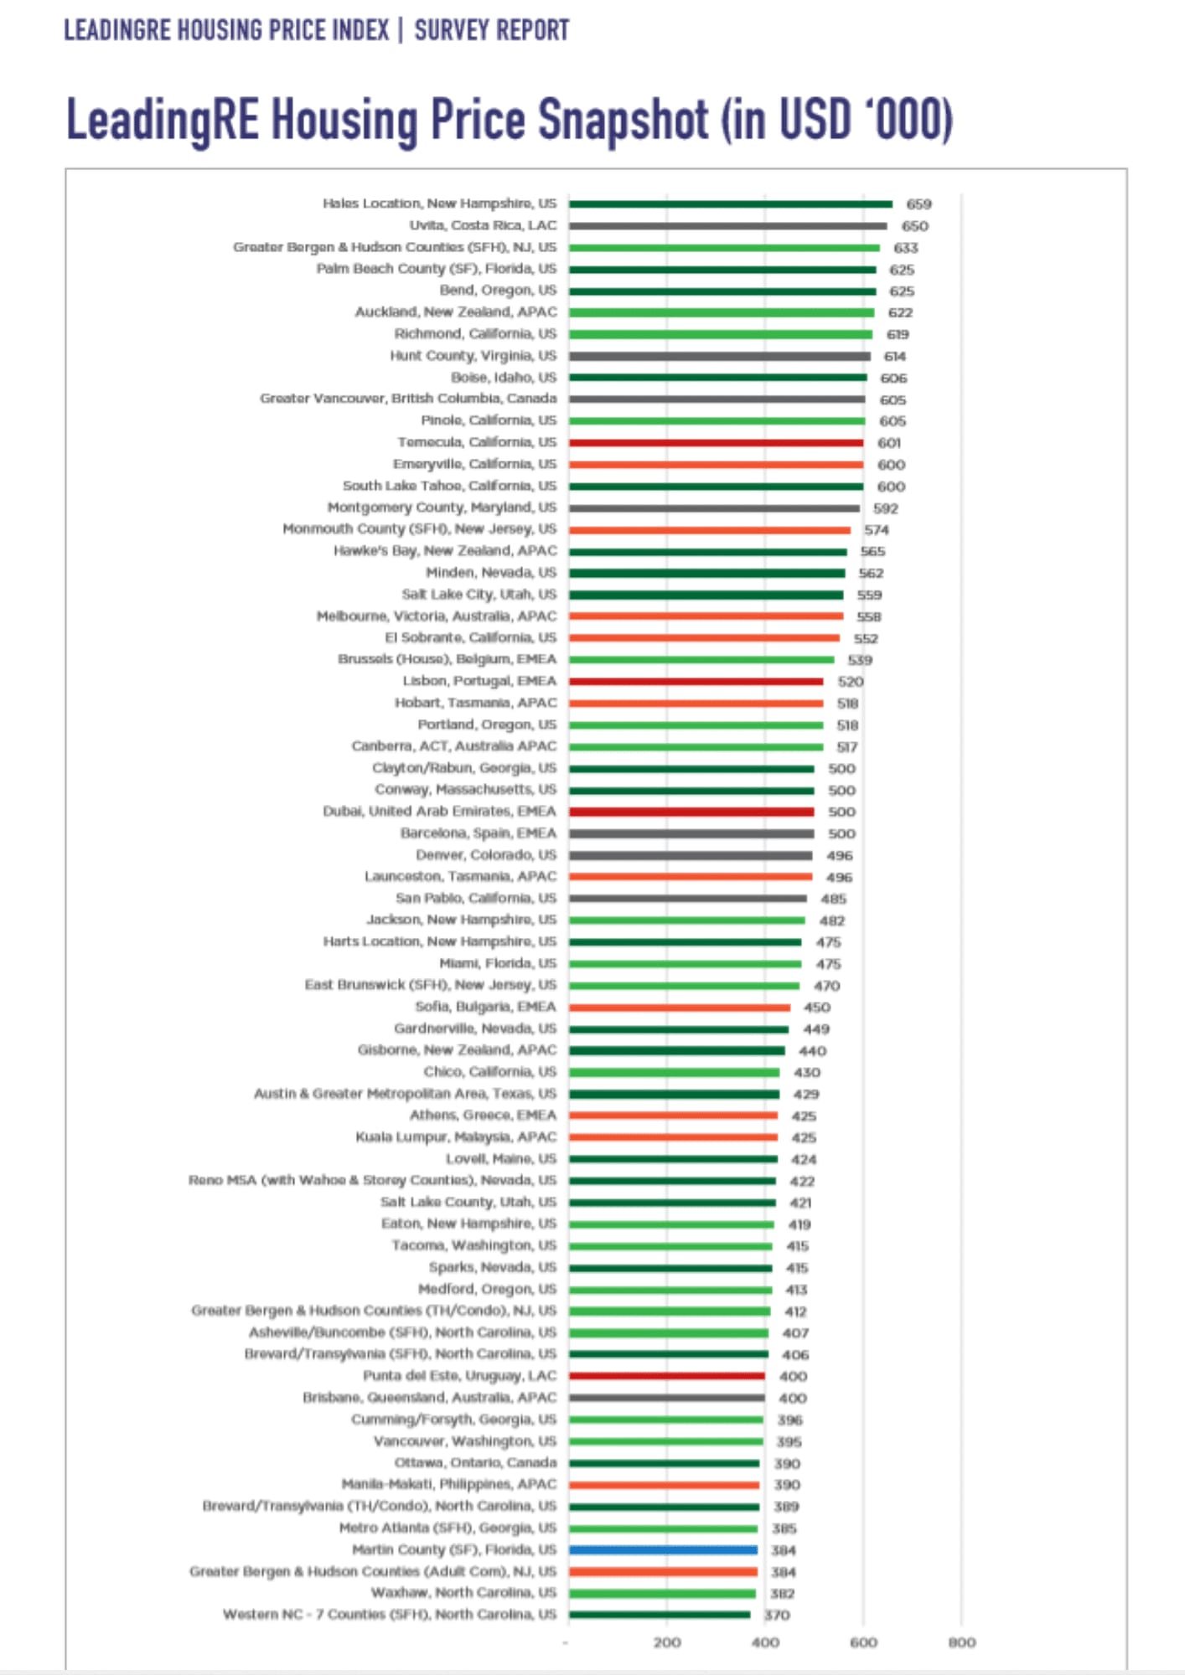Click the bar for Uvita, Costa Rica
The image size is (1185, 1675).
tap(727, 226)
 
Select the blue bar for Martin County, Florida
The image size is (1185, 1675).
tap(663, 1550)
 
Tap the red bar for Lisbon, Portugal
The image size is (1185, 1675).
tap(696, 682)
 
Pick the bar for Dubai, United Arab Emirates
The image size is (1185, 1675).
tap(691, 812)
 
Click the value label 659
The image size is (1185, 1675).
tap(919, 204)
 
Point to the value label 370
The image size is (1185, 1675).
tap(777, 1615)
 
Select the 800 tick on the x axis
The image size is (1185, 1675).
tap(961, 1642)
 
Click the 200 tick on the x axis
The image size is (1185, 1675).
tap(667, 1642)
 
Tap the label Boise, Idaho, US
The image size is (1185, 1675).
tap(504, 378)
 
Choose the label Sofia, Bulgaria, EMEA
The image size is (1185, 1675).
tap(485, 1007)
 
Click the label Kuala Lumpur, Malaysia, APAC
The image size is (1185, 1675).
tap(456, 1136)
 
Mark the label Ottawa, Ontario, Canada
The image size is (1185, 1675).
tap(475, 1462)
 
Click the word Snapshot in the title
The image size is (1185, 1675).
tap(623, 120)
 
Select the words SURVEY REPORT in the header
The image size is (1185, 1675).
tap(492, 31)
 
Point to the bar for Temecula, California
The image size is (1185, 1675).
tap(716, 443)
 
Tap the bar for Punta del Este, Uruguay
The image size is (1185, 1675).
tap(666, 1376)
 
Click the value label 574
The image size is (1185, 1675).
tap(877, 530)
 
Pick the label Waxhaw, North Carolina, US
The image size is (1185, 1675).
tap(463, 1592)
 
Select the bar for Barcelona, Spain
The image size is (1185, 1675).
tap(691, 833)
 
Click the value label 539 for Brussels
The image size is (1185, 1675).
tap(860, 660)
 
